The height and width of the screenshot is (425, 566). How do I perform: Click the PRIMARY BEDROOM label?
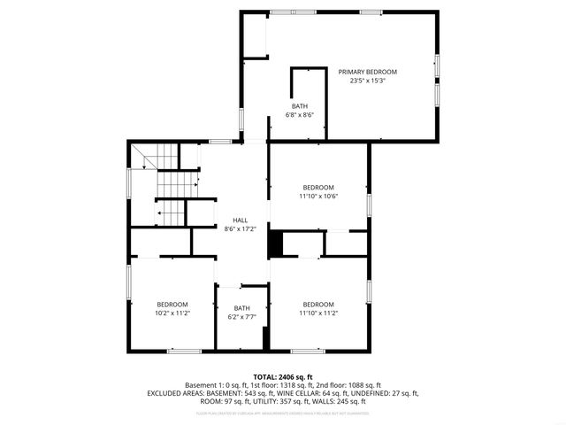tap(367, 72)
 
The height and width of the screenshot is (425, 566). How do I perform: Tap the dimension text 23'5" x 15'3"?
tap(367, 81)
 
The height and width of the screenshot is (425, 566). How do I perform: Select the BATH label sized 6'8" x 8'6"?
tap(300, 106)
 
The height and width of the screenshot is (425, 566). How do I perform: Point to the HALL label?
tap(240, 220)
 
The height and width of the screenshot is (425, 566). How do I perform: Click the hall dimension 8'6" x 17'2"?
tap(240, 228)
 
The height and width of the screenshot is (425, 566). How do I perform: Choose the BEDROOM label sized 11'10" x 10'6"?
tap(317, 187)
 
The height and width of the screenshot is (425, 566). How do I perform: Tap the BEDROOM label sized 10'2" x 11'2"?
tap(172, 304)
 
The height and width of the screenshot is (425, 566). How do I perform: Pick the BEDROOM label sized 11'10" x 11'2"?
tap(317, 304)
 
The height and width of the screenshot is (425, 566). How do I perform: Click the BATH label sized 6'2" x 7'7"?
tap(241, 308)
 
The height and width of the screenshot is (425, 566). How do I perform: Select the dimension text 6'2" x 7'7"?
tap(241, 317)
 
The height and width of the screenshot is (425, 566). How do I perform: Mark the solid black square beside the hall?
tap(275, 243)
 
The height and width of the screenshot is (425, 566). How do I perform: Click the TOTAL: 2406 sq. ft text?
tap(283, 376)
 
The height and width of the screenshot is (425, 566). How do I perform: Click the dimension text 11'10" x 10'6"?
tap(317, 196)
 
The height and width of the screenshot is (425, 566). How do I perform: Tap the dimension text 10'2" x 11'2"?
tap(172, 313)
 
